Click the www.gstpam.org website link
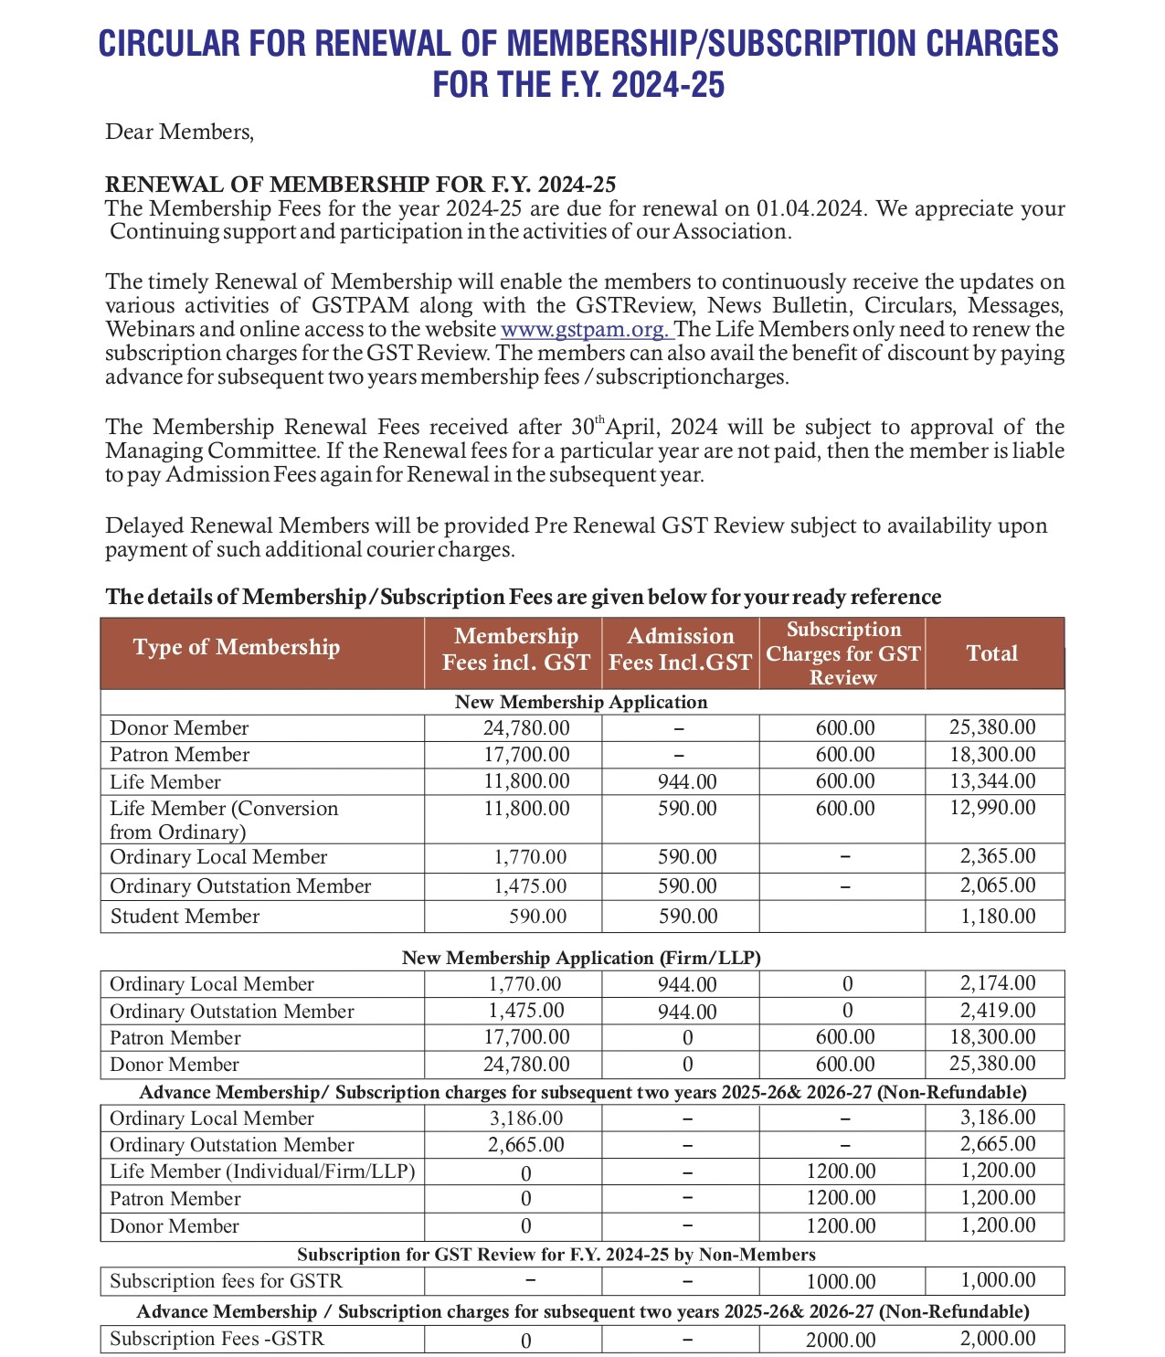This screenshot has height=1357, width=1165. pyautogui.click(x=584, y=329)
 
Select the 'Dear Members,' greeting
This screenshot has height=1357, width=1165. pyautogui.click(x=179, y=132)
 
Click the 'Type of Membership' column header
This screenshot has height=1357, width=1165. pyautogui.click(x=236, y=647)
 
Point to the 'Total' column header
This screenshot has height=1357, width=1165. pyautogui.click(x=991, y=652)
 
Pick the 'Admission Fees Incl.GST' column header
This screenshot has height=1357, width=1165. pyautogui.click(x=680, y=649)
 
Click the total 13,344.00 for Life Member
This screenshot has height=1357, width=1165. pyautogui.click(x=992, y=781)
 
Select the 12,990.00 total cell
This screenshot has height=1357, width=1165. pyautogui.click(x=992, y=808)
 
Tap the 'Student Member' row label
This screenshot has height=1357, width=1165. pyautogui.click(x=185, y=916)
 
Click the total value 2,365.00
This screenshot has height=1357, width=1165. pyautogui.click(x=997, y=856)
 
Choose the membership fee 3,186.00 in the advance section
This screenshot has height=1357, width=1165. pyautogui.click(x=526, y=1118)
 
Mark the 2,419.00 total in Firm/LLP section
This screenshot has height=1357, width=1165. pyautogui.click(x=997, y=1011)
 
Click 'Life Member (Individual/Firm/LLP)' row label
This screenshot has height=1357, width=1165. pyautogui.click(x=261, y=1171)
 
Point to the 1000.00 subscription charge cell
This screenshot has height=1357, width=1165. pyautogui.click(x=841, y=1281)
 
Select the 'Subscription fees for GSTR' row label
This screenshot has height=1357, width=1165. pyautogui.click(x=226, y=1281)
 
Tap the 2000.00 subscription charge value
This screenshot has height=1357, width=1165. pyautogui.click(x=841, y=1340)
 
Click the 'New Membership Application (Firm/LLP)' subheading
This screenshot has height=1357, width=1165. pyautogui.click(x=581, y=958)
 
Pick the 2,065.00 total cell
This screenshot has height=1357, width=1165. pyautogui.click(x=997, y=885)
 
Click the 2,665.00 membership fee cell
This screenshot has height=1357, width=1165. pyautogui.click(x=526, y=1144)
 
